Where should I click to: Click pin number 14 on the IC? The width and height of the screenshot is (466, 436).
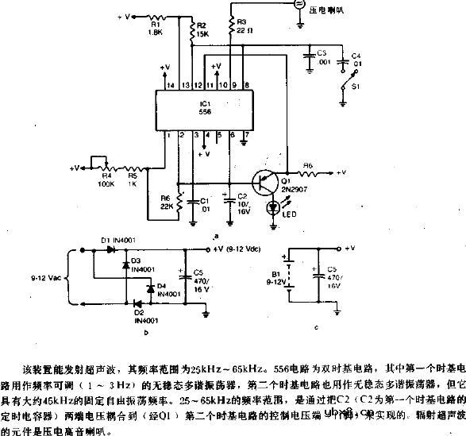click(x=170, y=84)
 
